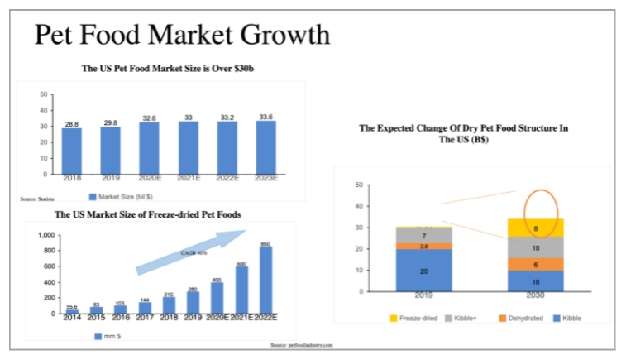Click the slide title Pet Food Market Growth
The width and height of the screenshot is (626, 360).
click(182, 36)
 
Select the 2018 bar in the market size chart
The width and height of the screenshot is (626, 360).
click(72, 151)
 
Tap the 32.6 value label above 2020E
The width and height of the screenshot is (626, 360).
click(149, 118)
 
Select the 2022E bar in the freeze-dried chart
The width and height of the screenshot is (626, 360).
click(265, 280)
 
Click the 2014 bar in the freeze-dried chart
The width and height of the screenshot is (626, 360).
click(72, 311)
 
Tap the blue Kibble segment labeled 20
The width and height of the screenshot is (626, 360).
click(423, 271)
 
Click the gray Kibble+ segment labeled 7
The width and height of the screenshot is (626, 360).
click(423, 236)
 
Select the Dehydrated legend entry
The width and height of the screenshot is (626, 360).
click(520, 319)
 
